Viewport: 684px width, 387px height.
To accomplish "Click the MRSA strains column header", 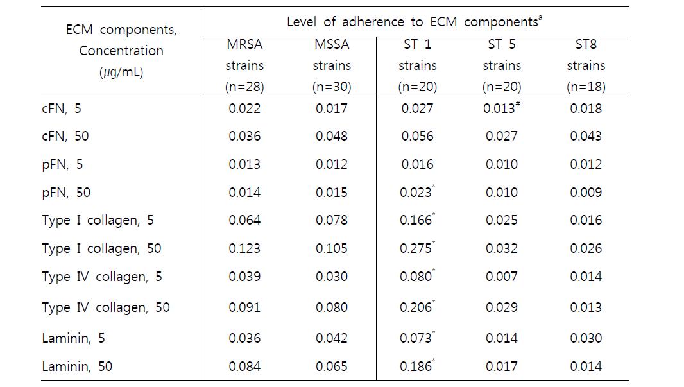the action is (244, 65).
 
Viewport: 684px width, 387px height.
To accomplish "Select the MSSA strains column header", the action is (332, 65).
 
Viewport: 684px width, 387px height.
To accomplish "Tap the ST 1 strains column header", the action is (418, 65).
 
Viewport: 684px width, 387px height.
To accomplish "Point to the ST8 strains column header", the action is (586, 65).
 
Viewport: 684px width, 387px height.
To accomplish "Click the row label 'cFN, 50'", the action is (65, 136).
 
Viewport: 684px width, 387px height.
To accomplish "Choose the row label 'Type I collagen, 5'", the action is (98, 220).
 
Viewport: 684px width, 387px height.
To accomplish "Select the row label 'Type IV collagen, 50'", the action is (106, 307).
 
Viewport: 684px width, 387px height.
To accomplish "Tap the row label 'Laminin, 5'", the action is (73, 338).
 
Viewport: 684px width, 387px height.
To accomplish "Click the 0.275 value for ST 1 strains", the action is (416, 248).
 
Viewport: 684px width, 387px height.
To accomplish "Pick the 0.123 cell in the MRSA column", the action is (244, 248).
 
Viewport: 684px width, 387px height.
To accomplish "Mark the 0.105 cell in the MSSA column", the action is (332, 248).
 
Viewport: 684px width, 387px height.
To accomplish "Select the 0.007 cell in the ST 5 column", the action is (502, 277).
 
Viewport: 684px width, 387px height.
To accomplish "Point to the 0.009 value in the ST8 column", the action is (586, 193).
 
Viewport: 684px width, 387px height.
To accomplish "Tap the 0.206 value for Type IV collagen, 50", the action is (416, 307).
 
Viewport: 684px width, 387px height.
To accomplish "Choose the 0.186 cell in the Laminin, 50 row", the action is (416, 366).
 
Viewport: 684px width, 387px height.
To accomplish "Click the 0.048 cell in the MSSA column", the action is (332, 136).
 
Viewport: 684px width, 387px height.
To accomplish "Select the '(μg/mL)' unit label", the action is (121, 72).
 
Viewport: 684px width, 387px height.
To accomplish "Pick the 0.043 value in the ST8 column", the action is (586, 136).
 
